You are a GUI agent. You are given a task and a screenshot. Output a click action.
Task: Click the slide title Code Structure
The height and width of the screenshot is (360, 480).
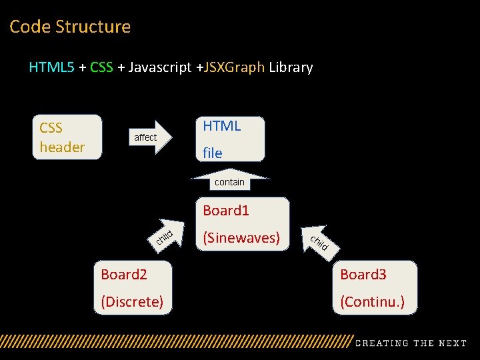(x=70, y=27)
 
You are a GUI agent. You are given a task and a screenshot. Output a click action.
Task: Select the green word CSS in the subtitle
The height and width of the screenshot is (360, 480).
(x=101, y=67)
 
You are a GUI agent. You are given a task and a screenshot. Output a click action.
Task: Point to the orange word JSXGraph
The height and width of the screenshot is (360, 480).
(x=235, y=67)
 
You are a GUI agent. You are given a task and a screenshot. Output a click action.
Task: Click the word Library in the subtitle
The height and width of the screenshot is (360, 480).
(x=291, y=67)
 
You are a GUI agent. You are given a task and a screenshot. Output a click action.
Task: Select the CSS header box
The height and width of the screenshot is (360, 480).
(x=67, y=137)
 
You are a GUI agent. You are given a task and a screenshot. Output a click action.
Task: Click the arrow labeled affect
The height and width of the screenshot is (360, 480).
(x=149, y=137)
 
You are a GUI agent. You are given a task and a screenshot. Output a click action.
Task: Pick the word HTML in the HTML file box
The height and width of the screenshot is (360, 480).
(x=221, y=126)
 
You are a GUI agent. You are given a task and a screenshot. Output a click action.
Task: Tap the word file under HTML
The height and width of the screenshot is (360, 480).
(x=213, y=153)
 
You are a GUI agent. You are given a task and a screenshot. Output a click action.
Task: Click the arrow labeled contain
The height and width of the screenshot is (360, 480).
(x=229, y=179)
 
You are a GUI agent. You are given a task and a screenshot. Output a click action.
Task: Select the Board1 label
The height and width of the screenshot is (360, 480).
(x=226, y=211)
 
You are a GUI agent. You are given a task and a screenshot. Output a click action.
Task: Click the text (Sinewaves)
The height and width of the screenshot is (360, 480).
(x=241, y=237)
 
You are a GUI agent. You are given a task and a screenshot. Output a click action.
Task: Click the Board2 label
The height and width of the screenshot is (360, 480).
(x=124, y=275)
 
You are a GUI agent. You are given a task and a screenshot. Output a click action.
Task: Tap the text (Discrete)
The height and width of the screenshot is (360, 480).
(x=132, y=302)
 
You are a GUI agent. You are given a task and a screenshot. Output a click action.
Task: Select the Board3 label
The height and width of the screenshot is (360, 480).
(x=363, y=275)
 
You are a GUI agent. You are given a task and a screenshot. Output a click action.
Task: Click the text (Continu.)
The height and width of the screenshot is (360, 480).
(x=372, y=302)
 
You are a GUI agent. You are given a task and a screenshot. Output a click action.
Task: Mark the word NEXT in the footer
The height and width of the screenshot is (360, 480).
(x=452, y=343)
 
